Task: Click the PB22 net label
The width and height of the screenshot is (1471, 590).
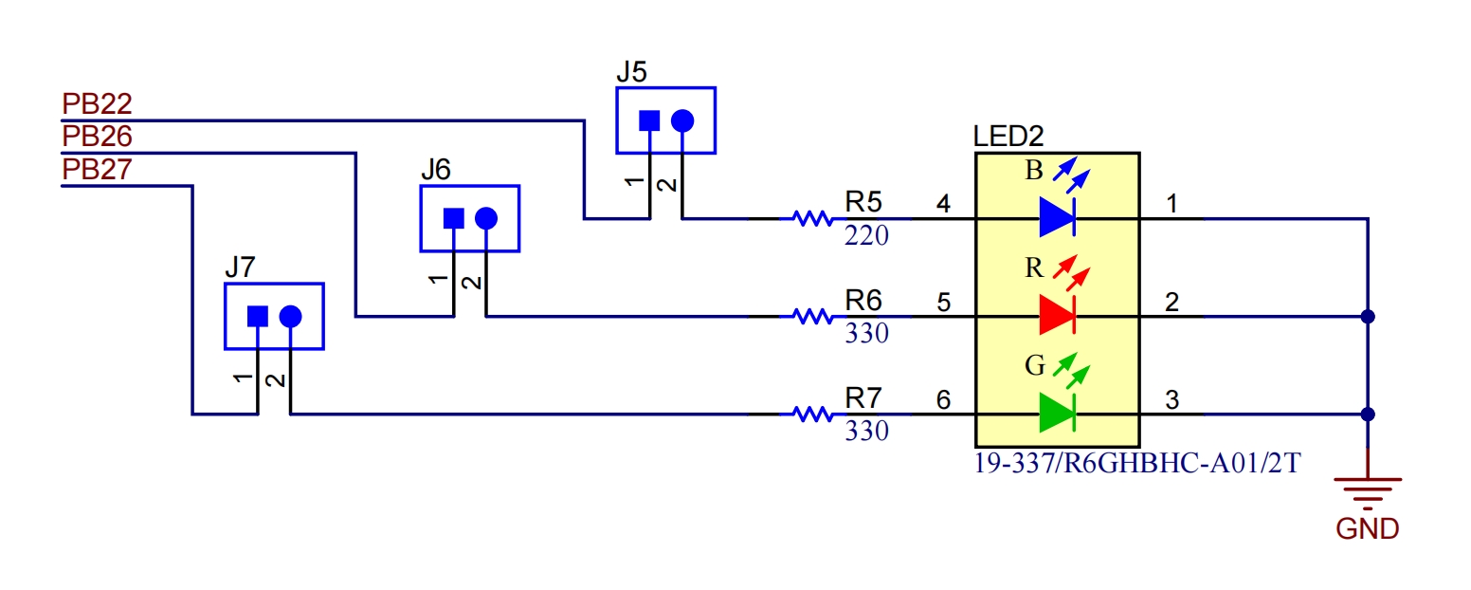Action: [x=98, y=103]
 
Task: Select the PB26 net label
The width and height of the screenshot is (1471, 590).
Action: [x=98, y=136]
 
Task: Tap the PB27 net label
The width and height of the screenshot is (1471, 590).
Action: [x=98, y=169]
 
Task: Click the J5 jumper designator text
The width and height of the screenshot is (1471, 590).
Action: [x=632, y=71]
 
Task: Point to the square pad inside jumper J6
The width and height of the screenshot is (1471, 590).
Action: [x=454, y=218]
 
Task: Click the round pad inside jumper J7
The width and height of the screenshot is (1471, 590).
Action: [x=290, y=316]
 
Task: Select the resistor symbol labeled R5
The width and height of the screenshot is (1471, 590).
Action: [x=813, y=218]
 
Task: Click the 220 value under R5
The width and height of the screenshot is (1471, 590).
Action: [x=866, y=235]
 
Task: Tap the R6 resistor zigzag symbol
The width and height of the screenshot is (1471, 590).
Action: [x=813, y=317]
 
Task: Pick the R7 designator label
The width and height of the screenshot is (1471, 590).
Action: [x=863, y=398]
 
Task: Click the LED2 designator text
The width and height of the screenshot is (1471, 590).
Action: [x=1008, y=137]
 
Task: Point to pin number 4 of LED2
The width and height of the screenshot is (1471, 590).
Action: [x=944, y=204]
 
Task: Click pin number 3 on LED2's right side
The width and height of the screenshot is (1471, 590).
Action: [x=1172, y=399]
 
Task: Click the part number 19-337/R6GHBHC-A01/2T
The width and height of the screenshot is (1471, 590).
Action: [x=1136, y=463]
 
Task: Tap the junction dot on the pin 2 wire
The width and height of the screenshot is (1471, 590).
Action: [x=1368, y=317]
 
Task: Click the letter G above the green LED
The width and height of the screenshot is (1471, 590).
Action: [x=1035, y=365]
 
